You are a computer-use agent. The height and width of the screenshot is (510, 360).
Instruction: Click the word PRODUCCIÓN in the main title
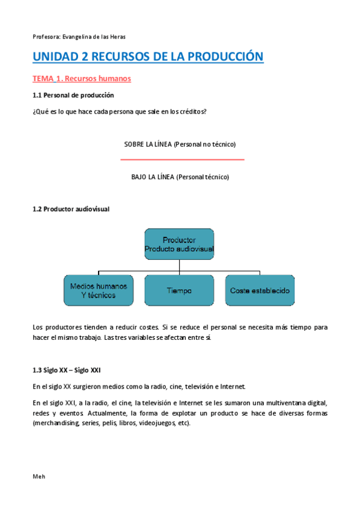(x=226, y=57)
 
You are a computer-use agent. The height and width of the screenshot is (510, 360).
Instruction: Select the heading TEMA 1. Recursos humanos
(x=81, y=79)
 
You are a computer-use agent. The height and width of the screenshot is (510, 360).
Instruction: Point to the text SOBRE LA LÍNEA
(x=147, y=144)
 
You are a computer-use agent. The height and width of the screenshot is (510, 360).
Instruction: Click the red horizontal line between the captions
(x=182, y=159)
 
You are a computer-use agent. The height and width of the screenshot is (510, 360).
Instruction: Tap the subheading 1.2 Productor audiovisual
(x=70, y=209)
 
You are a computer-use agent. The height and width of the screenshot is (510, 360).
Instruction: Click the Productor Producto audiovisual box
(x=179, y=244)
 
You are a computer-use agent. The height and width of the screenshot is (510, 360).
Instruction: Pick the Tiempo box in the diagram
(x=179, y=290)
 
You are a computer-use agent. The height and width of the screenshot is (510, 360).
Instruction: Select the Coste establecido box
(x=260, y=290)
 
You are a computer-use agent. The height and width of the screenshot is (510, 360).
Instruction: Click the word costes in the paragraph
(x=147, y=327)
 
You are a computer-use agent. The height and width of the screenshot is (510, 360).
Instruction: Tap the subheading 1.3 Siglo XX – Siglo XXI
(x=70, y=369)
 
